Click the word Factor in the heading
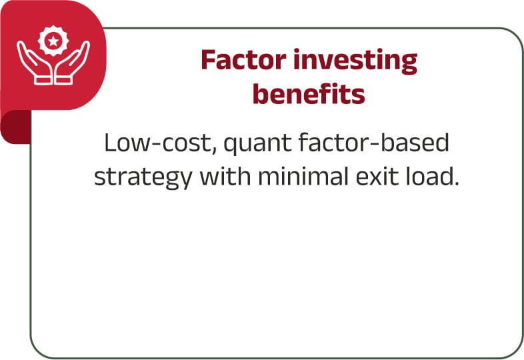point(243,59)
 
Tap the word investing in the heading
point(355,61)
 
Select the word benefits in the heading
point(309,93)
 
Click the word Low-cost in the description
point(159,143)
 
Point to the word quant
point(257,145)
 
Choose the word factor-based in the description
point(373,143)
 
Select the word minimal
point(303,176)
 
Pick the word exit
point(377,176)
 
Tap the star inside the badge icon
point(53,41)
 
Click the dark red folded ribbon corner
point(16,127)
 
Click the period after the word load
point(456,183)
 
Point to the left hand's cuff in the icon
point(43,80)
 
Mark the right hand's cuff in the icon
point(63,80)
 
